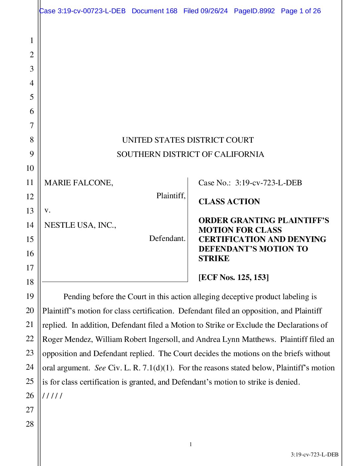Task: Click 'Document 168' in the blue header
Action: tap(155, 11)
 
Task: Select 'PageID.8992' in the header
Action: tap(254, 11)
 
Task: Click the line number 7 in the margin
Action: tap(32, 125)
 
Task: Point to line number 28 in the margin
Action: tap(30, 424)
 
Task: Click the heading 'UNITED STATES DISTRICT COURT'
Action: tap(188, 140)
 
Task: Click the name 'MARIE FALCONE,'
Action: tap(79, 183)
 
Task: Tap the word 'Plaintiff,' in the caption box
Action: tap(171, 196)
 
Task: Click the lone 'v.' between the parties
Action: tap(48, 210)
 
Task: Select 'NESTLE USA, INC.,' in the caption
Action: tap(80, 225)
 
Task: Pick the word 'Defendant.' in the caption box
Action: tap(167, 238)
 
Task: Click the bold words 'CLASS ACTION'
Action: tap(229, 202)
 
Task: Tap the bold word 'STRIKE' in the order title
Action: tap(214, 258)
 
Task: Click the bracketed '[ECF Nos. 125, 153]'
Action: tap(234, 277)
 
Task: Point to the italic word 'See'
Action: tap(100, 368)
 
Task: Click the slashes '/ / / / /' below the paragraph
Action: tap(52, 396)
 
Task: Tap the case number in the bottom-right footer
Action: tap(314, 455)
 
